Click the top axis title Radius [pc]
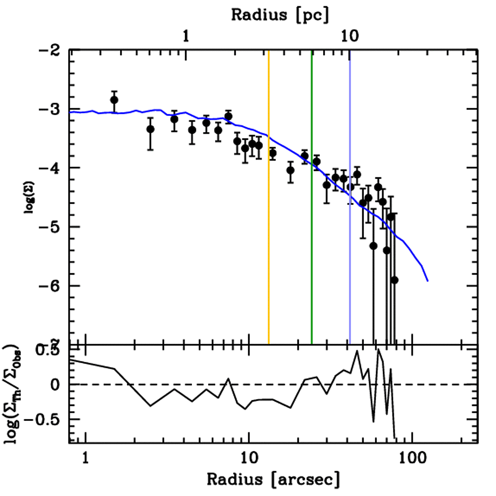tap(279, 14)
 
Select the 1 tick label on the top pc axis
tap(186, 36)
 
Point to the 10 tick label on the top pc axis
tap(350, 36)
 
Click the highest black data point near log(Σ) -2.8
tap(114, 100)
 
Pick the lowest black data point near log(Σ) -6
tap(394, 280)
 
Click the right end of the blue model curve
tap(428, 280)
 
